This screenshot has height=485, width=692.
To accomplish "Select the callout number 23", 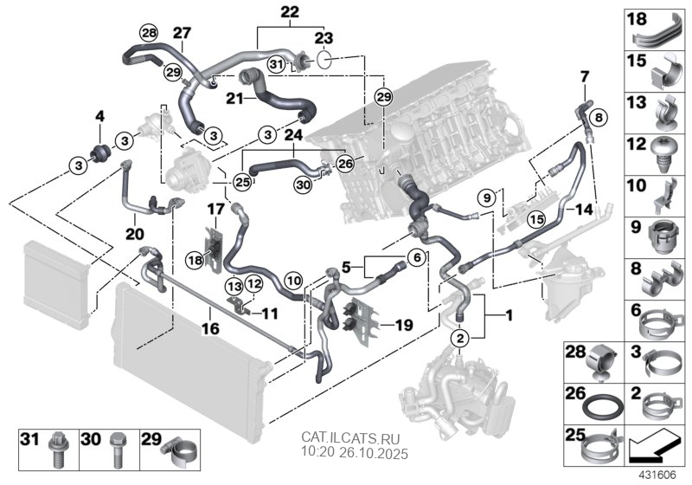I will coord(323,38).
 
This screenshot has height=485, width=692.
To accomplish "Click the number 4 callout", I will coord(99,115).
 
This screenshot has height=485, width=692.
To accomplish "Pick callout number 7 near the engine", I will coord(583,77).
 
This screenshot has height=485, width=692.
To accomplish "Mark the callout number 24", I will coord(292,135).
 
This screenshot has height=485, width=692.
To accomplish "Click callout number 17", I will coord(215,208).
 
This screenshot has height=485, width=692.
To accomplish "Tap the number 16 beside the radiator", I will coord(209,328).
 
